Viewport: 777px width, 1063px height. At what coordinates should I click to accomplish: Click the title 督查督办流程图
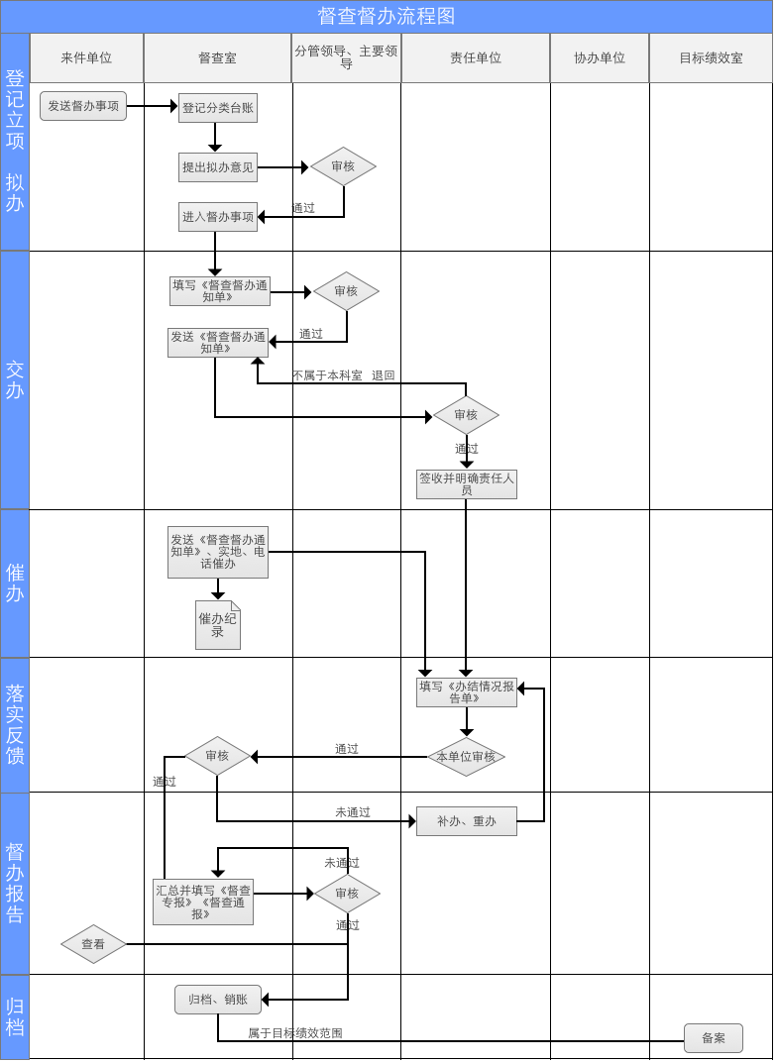(387, 16)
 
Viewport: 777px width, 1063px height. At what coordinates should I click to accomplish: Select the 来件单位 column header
(86, 58)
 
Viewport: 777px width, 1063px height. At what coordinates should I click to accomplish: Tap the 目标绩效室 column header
(711, 58)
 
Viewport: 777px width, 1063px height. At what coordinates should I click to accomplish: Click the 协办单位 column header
(600, 58)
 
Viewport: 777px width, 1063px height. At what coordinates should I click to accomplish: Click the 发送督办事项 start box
(83, 106)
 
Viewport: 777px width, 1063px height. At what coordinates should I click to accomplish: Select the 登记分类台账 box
(217, 108)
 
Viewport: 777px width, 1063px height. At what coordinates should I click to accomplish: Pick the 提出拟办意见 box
(217, 167)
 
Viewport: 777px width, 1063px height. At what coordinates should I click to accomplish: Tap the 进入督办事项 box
(217, 217)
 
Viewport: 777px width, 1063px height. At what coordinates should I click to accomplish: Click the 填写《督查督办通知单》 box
(219, 291)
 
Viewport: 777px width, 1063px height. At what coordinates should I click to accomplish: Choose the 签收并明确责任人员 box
(466, 484)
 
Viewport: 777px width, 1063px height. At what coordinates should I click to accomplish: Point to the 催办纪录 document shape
(217, 625)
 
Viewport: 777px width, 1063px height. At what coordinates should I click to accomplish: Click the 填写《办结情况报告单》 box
(466, 692)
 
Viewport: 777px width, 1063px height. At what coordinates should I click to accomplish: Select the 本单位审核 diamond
(466, 757)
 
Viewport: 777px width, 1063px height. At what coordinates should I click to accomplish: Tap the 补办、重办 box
(466, 821)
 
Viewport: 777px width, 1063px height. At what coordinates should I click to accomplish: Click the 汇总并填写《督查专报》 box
(202, 903)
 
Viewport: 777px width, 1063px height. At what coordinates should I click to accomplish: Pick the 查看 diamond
(93, 944)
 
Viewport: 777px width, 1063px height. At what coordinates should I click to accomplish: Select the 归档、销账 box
(217, 1000)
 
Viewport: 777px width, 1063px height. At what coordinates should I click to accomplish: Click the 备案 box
(713, 1038)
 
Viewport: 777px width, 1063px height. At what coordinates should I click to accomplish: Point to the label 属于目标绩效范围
(295, 1033)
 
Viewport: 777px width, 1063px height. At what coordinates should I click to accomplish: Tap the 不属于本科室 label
(327, 375)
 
